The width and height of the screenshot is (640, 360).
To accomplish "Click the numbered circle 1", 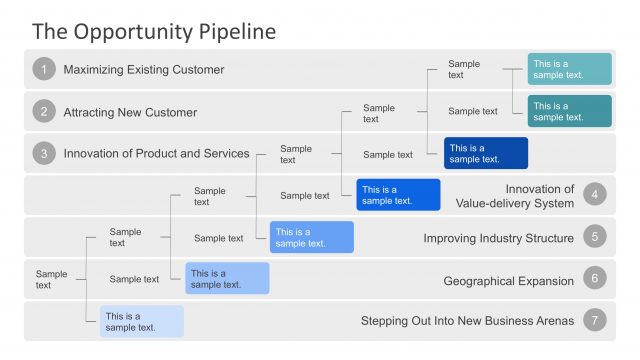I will pyautogui.click(x=43, y=69).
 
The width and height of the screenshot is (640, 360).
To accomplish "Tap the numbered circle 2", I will pyautogui.click(x=43, y=111).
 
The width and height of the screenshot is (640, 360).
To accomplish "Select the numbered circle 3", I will pyautogui.click(x=43, y=153).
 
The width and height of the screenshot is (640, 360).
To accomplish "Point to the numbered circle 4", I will pyautogui.click(x=596, y=195).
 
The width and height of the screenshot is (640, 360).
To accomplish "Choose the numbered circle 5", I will pyautogui.click(x=596, y=237).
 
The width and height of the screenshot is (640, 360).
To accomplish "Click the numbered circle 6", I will pyautogui.click(x=596, y=280).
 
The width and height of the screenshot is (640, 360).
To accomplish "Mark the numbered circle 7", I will pyautogui.click(x=596, y=321).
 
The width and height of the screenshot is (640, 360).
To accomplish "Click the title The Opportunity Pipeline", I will pyautogui.click(x=153, y=31).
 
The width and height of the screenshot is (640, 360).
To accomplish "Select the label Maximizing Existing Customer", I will pyautogui.click(x=143, y=70).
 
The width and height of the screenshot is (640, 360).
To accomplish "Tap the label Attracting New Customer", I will pyautogui.click(x=130, y=112).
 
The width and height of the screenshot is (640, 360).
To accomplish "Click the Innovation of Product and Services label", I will pyautogui.click(x=156, y=153).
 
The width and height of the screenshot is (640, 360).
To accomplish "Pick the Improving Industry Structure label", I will pyautogui.click(x=498, y=238).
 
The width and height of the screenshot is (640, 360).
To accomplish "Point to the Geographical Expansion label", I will pyautogui.click(x=508, y=280).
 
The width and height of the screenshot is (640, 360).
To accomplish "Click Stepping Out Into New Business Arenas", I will pyautogui.click(x=467, y=321).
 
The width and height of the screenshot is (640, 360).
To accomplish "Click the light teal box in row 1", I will pyautogui.click(x=569, y=69).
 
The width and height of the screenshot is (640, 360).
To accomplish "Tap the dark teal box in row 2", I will pyautogui.click(x=569, y=111).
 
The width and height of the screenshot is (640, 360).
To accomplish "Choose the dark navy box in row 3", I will pyautogui.click(x=486, y=153).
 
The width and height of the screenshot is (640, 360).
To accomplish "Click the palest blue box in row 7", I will pyautogui.click(x=141, y=321).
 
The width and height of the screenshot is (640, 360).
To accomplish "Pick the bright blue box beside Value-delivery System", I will pyautogui.click(x=398, y=195).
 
